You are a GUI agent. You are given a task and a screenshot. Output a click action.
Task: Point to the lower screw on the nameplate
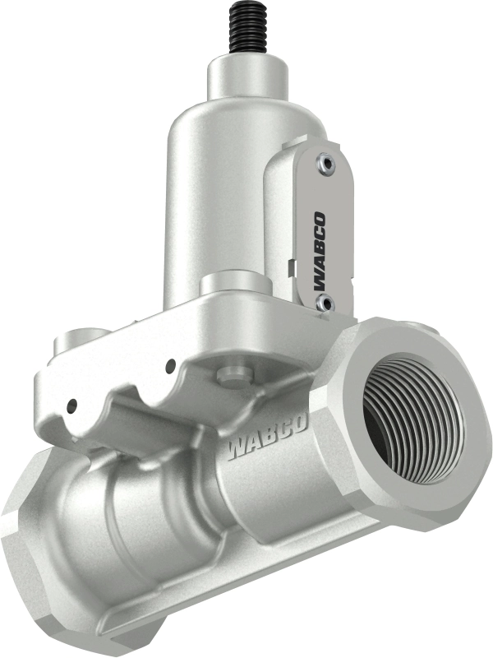tap(325, 305)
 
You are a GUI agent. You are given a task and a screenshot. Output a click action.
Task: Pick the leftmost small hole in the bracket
tap(72, 405)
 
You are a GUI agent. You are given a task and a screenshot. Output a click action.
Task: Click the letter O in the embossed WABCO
tap(300, 427)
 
